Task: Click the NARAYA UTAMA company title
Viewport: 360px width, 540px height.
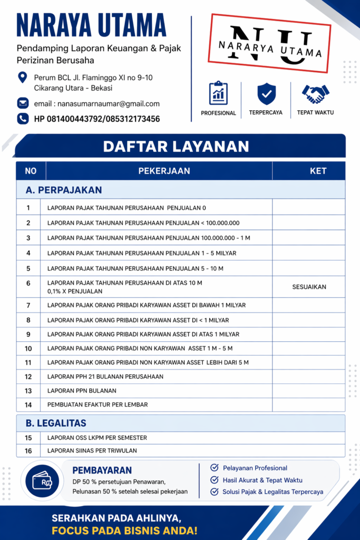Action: tap(91, 25)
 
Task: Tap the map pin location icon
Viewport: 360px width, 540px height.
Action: tap(23, 77)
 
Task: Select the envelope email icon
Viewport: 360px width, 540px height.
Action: tap(23, 103)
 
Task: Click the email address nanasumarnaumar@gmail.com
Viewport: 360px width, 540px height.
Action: tap(96, 104)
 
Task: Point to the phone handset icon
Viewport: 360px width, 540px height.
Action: tap(23, 119)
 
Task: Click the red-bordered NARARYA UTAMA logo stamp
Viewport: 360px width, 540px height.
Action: tap(270, 44)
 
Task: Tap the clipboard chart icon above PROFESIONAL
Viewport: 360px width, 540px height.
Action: tap(218, 93)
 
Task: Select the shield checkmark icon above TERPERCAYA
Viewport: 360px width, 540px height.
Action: tap(266, 93)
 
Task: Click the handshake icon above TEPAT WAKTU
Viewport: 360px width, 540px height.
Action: tap(315, 94)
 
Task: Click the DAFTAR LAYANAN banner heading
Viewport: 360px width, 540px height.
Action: tap(176, 146)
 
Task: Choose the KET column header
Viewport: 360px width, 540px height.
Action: tap(318, 171)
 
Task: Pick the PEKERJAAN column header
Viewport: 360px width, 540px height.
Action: tap(164, 171)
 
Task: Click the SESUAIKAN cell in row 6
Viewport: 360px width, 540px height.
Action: tap(309, 287)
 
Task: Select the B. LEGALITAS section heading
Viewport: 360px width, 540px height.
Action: tap(56, 423)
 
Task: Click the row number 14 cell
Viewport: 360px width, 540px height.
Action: tap(28, 404)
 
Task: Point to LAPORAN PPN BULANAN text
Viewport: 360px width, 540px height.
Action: tap(82, 391)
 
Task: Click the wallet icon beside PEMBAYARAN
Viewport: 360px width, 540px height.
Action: tap(42, 480)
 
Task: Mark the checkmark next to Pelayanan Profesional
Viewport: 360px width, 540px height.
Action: tap(215, 468)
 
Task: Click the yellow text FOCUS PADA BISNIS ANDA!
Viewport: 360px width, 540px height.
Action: tap(124, 530)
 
